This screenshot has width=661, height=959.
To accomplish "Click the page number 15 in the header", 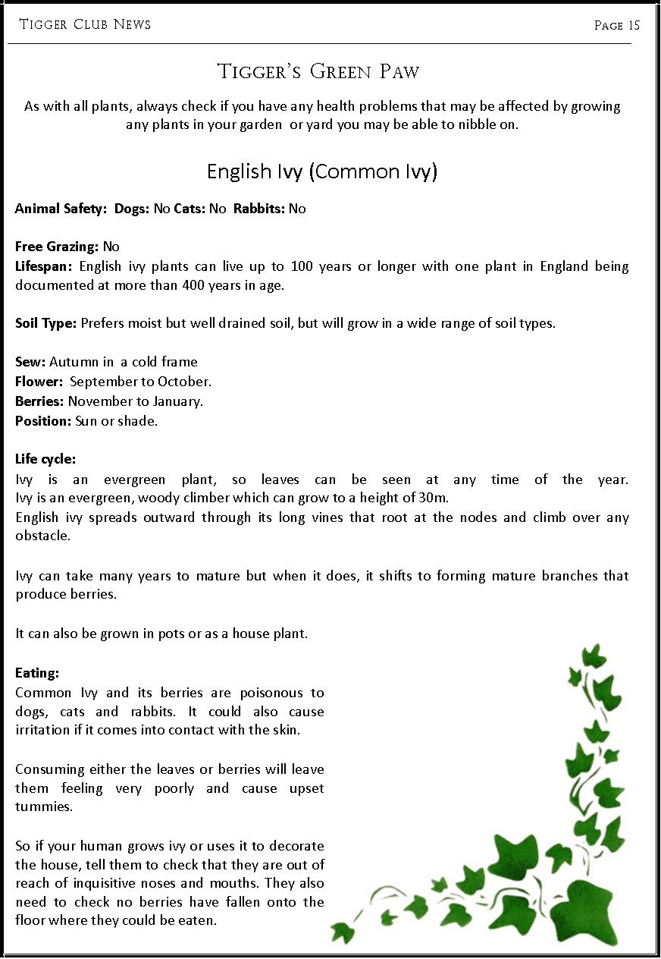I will click(x=634, y=26).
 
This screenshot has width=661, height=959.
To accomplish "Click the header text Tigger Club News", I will click(x=85, y=25).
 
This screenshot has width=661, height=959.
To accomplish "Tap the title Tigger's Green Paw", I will click(x=318, y=72).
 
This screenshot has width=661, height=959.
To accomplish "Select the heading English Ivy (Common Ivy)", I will click(x=322, y=171).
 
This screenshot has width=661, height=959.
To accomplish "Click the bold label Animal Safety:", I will click(x=61, y=209).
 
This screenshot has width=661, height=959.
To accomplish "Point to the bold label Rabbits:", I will click(x=258, y=209).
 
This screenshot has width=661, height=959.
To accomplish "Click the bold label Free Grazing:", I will click(x=57, y=247).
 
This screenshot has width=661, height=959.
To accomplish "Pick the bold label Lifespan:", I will click(x=43, y=266).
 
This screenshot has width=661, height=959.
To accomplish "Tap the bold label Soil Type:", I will click(x=45, y=323).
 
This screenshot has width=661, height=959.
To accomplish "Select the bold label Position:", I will click(x=43, y=420).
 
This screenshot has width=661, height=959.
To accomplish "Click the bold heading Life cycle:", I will click(x=45, y=459).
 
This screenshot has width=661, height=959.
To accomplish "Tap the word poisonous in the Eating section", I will click(x=272, y=693).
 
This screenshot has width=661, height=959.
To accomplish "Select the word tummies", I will click(x=43, y=807).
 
